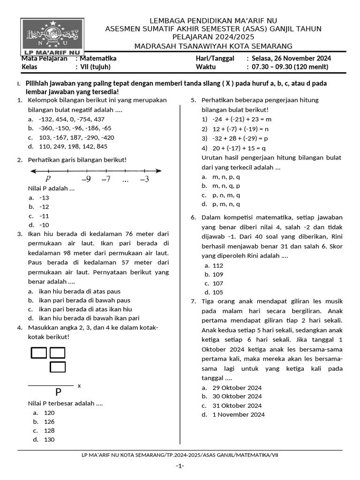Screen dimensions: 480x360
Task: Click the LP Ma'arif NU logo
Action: (52, 37)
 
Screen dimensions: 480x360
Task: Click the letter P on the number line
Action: (48, 179)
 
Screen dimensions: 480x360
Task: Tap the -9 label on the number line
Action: (86, 179)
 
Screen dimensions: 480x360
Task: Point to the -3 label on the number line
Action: (144, 179)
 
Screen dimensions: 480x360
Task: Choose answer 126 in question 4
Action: (49, 421)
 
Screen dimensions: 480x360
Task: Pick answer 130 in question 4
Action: (49, 439)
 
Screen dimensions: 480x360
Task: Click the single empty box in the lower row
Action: (58, 367)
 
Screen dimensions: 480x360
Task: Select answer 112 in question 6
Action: (218, 265)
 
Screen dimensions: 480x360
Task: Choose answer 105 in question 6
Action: (218, 292)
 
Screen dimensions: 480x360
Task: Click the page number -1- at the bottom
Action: (180, 466)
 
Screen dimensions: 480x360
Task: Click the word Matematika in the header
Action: (98, 59)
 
